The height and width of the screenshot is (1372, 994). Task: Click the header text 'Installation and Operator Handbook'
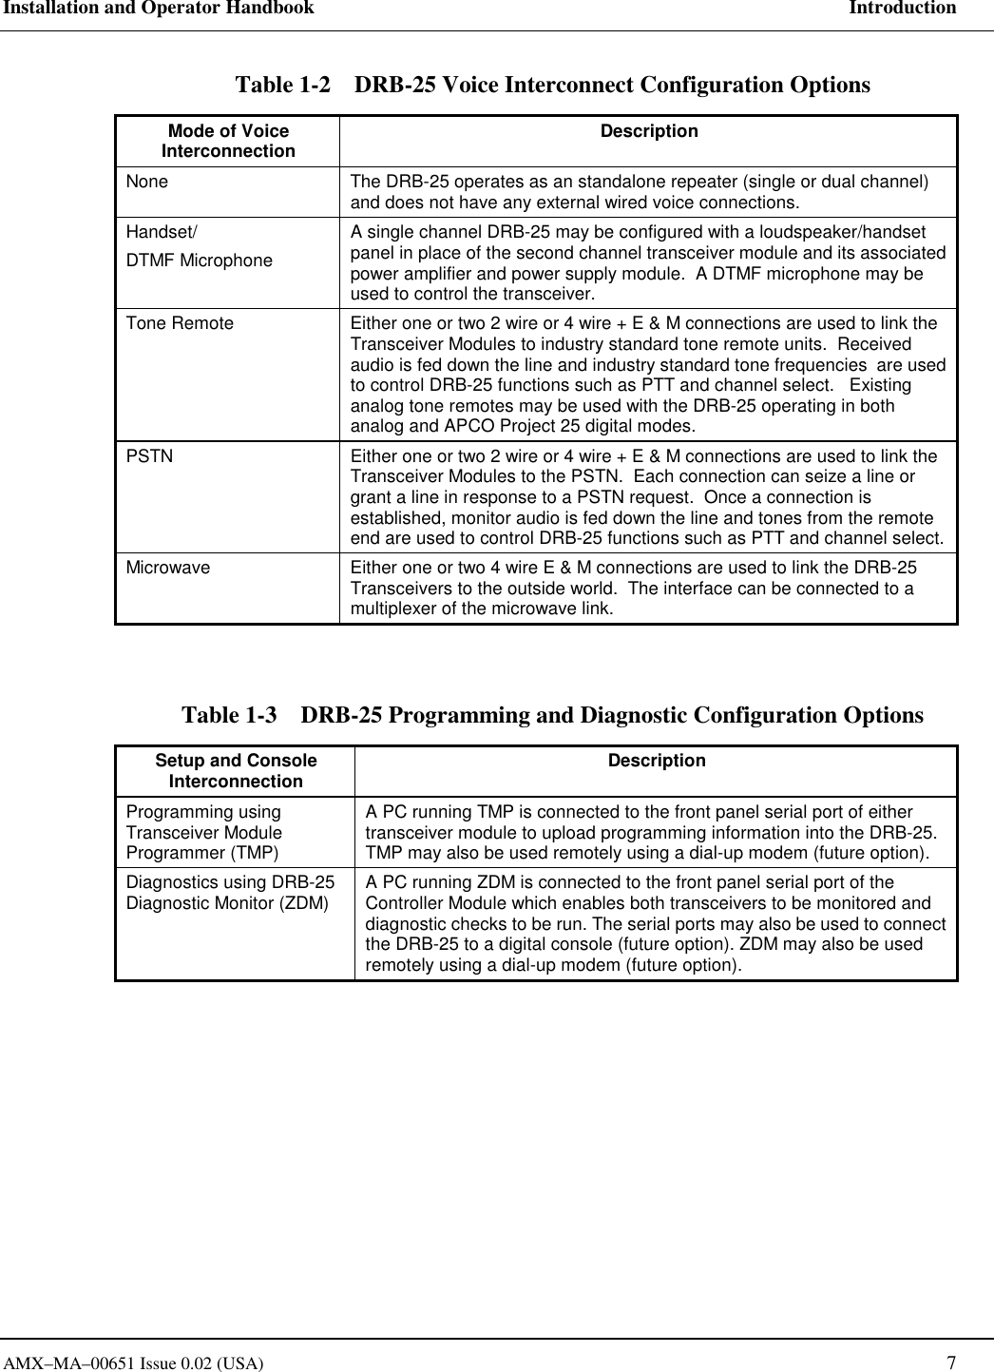coord(158,9)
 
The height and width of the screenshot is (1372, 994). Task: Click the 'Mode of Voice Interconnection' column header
coord(228,141)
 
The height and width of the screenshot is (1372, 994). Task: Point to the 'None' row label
coord(147,182)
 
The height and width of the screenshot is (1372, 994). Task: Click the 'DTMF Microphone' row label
coord(200,261)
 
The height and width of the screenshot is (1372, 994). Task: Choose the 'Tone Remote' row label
coord(180,323)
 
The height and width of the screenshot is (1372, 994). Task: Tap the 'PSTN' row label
coord(150,456)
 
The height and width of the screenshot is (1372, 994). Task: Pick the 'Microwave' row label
coord(168,568)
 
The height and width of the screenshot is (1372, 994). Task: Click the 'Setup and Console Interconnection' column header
coord(236,771)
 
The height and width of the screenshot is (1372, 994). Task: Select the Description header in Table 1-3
coord(656,761)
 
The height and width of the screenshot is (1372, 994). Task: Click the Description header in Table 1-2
coord(648,131)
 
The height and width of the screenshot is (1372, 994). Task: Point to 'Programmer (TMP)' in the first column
coord(202,853)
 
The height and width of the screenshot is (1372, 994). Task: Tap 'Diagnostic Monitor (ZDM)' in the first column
coord(227,903)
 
